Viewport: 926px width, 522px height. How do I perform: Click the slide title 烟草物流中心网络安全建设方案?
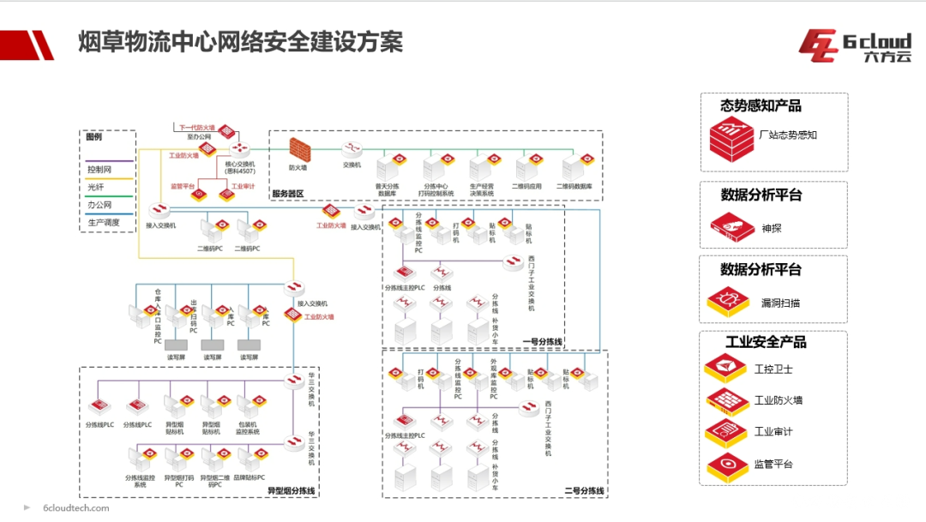point(240,40)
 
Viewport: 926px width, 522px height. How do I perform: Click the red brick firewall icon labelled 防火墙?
point(299,150)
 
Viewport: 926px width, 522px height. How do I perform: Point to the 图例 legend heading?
point(93,136)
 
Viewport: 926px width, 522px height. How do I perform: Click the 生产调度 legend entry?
point(104,222)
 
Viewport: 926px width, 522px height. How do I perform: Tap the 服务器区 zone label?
point(289,194)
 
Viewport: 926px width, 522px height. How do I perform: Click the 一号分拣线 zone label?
point(543,341)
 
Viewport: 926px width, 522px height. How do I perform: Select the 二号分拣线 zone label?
point(584,491)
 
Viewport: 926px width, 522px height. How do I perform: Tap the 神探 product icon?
point(729,227)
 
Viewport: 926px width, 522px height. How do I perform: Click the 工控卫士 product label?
point(773,369)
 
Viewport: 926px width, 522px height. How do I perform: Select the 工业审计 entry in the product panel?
point(773,432)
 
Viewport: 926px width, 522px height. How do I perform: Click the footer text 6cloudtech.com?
point(76,507)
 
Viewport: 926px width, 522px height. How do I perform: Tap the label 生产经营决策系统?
point(481,189)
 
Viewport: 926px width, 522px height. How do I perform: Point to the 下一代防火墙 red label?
point(197,127)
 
